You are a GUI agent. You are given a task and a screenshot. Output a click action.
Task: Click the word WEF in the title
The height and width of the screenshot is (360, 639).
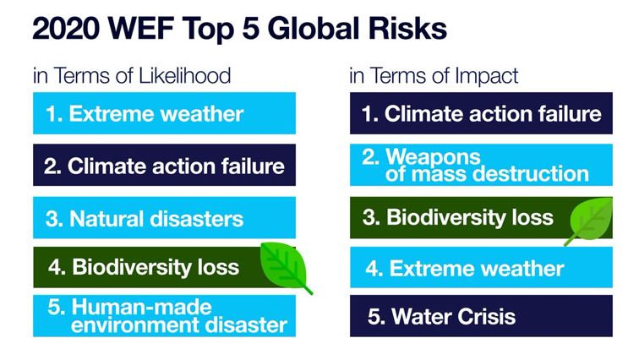click(x=141, y=29)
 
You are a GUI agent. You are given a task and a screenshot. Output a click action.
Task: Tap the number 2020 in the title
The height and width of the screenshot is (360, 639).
click(x=66, y=29)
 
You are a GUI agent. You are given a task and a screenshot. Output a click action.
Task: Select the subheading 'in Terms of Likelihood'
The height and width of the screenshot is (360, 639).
click(x=132, y=76)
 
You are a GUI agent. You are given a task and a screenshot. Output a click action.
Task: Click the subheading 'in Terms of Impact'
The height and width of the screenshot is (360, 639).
click(x=434, y=76)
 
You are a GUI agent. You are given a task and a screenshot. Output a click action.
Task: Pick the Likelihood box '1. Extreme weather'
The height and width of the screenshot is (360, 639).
click(x=164, y=113)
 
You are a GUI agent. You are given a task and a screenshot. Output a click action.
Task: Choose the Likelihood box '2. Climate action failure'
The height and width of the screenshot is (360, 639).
click(x=164, y=165)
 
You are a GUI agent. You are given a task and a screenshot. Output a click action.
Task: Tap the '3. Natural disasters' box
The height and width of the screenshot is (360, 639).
click(x=164, y=217)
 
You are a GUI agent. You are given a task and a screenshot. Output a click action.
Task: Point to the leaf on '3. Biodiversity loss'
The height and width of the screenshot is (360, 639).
click(x=591, y=221)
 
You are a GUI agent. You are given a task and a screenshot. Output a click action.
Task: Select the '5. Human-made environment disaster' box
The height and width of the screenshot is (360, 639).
click(x=164, y=316)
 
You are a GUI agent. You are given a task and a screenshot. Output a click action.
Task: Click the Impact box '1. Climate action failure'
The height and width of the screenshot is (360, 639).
click(x=481, y=113)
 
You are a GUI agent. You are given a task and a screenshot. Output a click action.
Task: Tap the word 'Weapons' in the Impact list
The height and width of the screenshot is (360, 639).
click(x=434, y=156)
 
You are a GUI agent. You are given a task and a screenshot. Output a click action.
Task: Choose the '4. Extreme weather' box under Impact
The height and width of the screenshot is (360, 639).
click(x=481, y=267)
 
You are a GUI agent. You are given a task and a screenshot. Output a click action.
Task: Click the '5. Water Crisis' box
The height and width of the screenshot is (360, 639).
click(x=481, y=316)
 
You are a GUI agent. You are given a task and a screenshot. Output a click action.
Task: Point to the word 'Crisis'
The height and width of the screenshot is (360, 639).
click(x=486, y=316)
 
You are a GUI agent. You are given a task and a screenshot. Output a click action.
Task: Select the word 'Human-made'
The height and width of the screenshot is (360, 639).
click(x=141, y=307)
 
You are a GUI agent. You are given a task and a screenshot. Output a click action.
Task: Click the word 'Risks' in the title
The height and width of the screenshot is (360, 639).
click(x=407, y=29)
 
